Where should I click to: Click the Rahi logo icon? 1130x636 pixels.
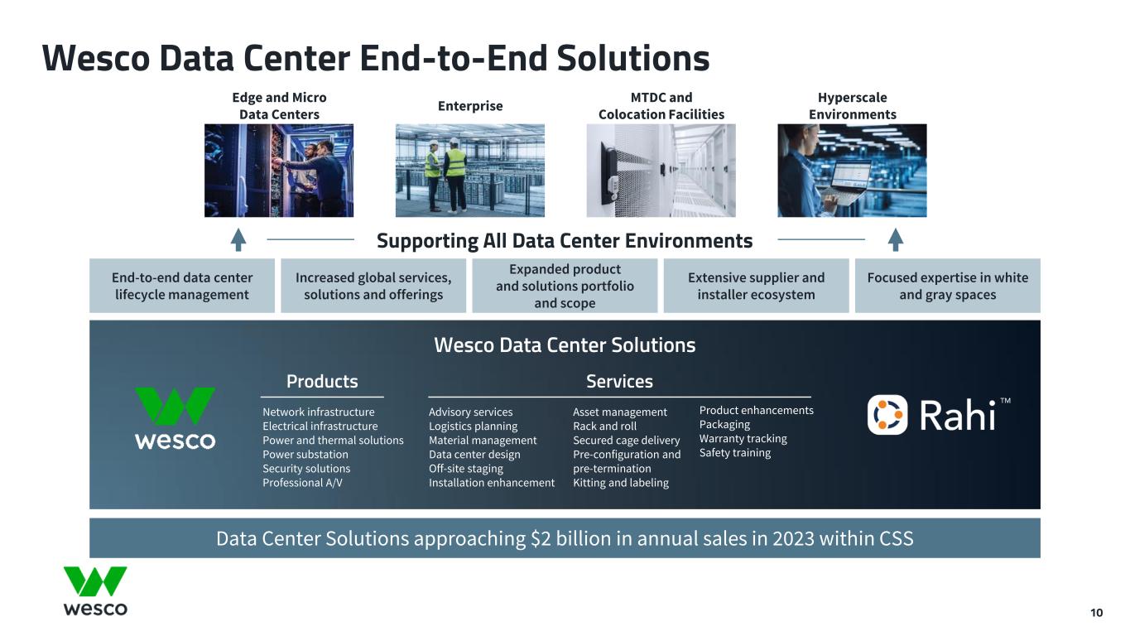pyautogui.click(x=887, y=415)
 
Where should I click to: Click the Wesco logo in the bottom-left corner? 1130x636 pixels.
pyautogui.click(x=95, y=590)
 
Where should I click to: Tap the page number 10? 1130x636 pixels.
pyautogui.click(x=1096, y=613)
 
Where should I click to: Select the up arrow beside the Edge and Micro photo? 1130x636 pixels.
pyautogui.click(x=238, y=240)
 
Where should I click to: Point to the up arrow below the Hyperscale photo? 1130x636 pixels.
pyautogui.click(x=896, y=240)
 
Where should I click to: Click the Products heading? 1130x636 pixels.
pyautogui.click(x=322, y=382)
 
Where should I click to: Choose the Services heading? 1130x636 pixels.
pyautogui.click(x=619, y=382)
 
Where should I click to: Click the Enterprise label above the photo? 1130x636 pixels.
pyautogui.click(x=470, y=106)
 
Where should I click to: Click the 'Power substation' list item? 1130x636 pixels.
pyautogui.click(x=305, y=455)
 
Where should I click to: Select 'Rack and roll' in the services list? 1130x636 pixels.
pyautogui.click(x=604, y=426)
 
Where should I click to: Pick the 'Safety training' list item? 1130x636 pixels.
pyautogui.click(x=735, y=453)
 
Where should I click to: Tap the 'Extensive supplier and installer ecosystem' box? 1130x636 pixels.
pyautogui.click(x=756, y=286)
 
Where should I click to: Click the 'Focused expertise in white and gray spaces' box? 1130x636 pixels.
pyautogui.click(x=947, y=286)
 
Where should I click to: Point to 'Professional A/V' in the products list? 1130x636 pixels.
pyautogui.click(x=302, y=483)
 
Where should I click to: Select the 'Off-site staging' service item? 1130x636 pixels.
pyautogui.click(x=465, y=469)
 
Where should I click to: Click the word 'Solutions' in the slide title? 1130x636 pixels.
pyautogui.click(x=633, y=58)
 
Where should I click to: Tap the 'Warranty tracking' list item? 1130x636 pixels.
pyautogui.click(x=743, y=439)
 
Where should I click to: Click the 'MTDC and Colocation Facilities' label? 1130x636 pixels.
pyautogui.click(x=661, y=106)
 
